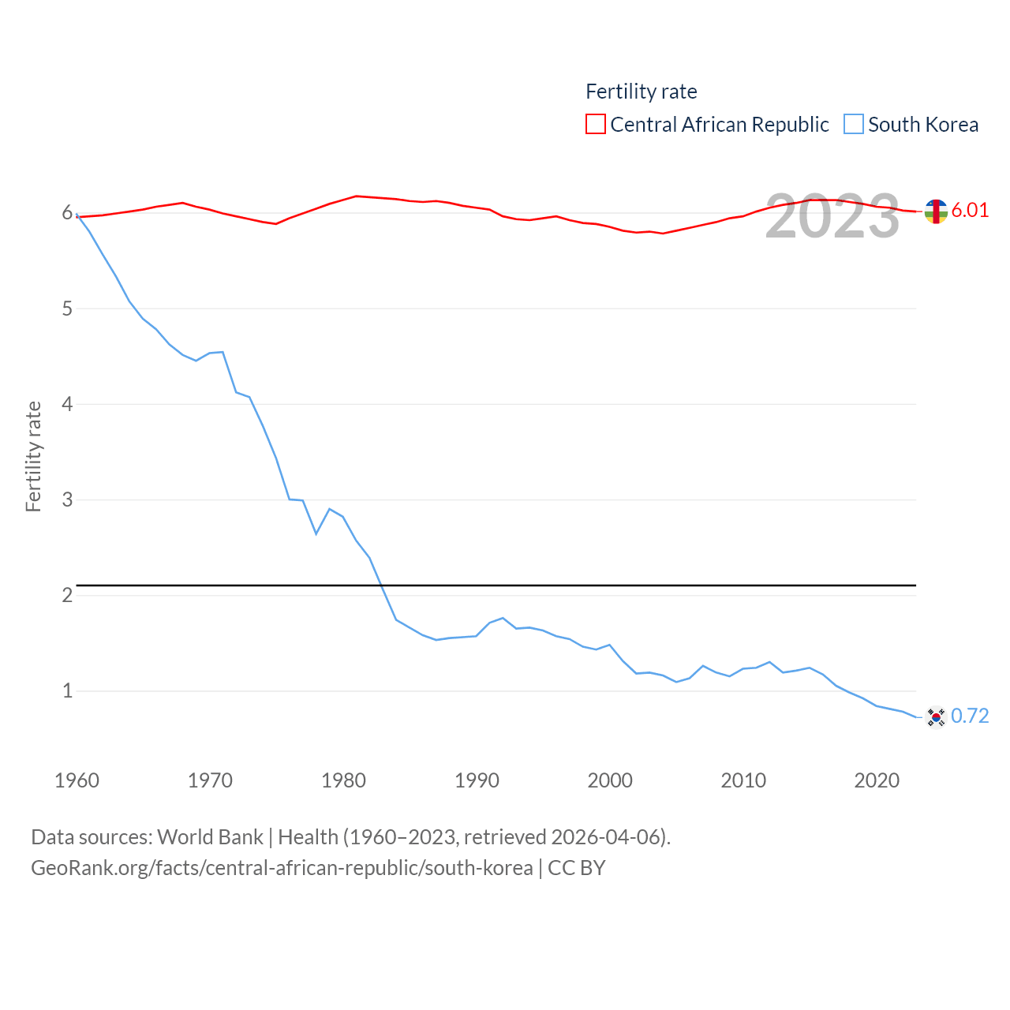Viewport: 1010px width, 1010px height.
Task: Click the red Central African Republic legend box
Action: (x=596, y=125)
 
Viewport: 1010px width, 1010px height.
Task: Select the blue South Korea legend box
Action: (x=854, y=125)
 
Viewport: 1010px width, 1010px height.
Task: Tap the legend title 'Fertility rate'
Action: (x=641, y=92)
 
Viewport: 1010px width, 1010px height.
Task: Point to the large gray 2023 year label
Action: (x=832, y=216)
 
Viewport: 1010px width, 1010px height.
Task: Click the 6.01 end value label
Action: (x=970, y=210)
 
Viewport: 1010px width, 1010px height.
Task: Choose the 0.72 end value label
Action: (x=970, y=716)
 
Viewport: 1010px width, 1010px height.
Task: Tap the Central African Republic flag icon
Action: (x=936, y=211)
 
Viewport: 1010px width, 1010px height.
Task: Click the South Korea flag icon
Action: (x=936, y=716)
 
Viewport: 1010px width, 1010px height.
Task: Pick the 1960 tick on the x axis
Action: (x=77, y=780)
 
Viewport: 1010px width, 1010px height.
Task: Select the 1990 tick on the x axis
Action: (x=477, y=780)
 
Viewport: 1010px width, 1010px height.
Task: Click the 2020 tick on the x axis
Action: (x=877, y=780)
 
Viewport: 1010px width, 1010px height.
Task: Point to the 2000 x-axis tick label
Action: (x=610, y=780)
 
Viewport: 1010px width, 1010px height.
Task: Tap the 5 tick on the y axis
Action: (x=67, y=309)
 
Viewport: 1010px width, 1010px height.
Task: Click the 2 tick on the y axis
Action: (x=67, y=595)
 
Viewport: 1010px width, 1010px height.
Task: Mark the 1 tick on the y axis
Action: (x=67, y=691)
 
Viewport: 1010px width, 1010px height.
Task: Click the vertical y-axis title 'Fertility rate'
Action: (x=33, y=456)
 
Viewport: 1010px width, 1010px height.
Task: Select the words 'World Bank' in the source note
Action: (x=210, y=836)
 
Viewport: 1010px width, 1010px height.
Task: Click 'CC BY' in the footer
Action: (x=576, y=868)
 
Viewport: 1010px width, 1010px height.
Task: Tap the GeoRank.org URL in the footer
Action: (x=282, y=868)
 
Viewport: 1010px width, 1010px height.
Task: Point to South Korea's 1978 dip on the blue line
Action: (x=316, y=534)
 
